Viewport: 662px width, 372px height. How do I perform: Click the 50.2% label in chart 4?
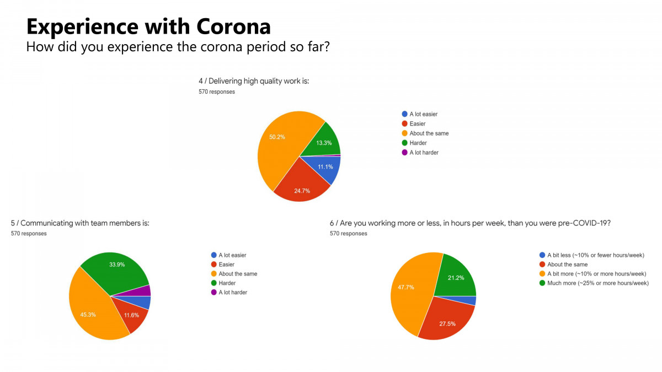(x=277, y=137)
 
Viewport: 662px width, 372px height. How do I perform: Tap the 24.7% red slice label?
(x=302, y=190)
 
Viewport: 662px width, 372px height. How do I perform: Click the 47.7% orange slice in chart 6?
(x=405, y=287)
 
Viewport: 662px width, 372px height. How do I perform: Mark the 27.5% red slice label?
(x=447, y=324)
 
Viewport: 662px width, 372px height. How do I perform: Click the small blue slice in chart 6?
(x=473, y=301)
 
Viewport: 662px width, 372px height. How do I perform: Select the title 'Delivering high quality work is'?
(x=254, y=81)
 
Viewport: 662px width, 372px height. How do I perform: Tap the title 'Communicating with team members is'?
(x=80, y=223)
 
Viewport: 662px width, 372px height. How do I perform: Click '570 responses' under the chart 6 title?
(x=348, y=234)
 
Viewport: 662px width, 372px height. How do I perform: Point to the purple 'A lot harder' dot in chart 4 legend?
(x=404, y=153)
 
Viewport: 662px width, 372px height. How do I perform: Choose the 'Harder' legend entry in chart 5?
(x=226, y=283)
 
